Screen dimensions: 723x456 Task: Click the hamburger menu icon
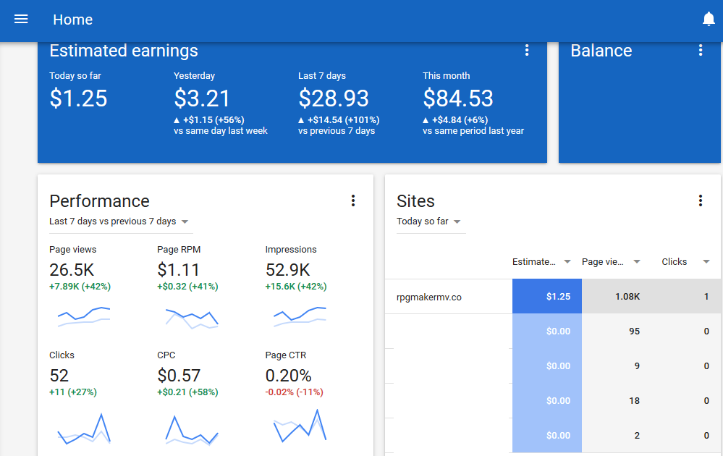tap(21, 19)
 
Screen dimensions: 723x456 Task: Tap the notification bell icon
tap(709, 19)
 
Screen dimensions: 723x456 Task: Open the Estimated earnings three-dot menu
tap(527, 50)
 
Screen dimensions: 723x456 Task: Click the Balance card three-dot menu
tap(701, 50)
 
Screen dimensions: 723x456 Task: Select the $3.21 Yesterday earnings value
tap(201, 98)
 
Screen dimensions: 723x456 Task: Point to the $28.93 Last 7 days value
tap(334, 98)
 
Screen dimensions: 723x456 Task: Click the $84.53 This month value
tap(458, 98)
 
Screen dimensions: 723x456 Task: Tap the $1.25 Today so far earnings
tap(78, 98)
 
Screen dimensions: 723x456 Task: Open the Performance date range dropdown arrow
tap(185, 221)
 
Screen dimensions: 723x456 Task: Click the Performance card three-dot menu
tap(353, 200)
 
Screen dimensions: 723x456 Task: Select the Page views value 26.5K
tap(72, 270)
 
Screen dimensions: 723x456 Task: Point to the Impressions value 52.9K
tap(288, 270)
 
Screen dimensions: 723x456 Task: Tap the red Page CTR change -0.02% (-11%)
tap(294, 392)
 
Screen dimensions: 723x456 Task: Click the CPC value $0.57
tap(179, 376)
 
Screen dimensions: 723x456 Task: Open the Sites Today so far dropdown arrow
tap(457, 221)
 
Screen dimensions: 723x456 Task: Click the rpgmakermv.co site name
tap(429, 297)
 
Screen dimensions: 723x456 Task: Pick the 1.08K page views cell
tap(627, 297)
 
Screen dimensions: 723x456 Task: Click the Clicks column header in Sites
tap(674, 261)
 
